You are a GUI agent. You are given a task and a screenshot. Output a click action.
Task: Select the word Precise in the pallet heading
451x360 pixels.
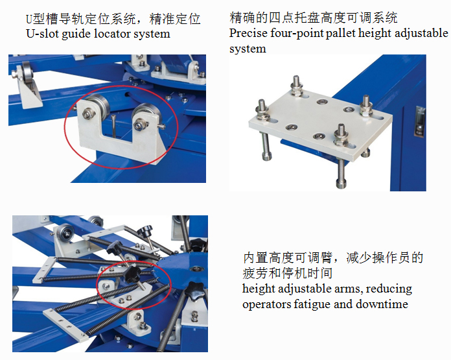tap(248, 33)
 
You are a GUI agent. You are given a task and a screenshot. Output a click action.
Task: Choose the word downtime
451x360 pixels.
tap(382, 304)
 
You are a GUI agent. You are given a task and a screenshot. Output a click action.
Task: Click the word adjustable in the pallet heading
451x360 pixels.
tap(421, 33)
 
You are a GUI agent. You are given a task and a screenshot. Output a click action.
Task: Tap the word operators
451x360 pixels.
tap(266, 305)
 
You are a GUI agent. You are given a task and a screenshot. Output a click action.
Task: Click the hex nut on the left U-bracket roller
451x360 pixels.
tap(88, 114)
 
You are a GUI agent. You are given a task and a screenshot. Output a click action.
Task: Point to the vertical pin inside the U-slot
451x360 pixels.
tap(114, 126)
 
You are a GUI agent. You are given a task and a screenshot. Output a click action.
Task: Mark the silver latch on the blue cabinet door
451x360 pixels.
tap(419, 121)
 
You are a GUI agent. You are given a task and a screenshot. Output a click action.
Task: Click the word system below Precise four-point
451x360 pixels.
tap(248, 49)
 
